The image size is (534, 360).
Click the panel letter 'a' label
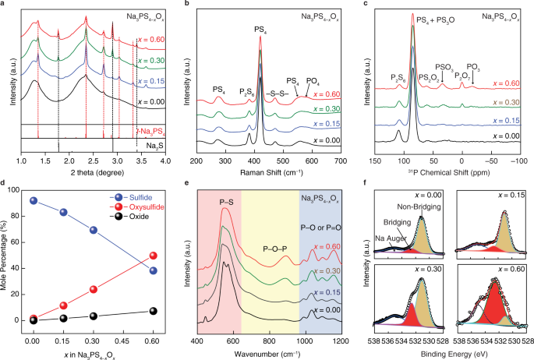(x=4, y=5)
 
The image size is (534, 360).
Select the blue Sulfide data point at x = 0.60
(x=154, y=270)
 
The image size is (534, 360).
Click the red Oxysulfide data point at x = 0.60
(x=154, y=256)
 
